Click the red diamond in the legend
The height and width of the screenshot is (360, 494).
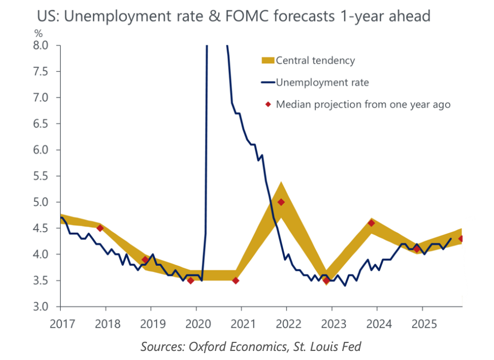[x=269, y=104]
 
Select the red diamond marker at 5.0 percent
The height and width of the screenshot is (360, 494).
[x=281, y=202]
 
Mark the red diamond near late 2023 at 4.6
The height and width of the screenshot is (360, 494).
[x=372, y=223]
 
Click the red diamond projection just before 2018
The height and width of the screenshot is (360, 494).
[x=100, y=228]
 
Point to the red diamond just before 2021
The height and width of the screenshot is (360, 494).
[x=236, y=281]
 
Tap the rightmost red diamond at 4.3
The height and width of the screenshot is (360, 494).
[x=461, y=239]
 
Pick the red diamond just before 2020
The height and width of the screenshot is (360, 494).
[x=190, y=281]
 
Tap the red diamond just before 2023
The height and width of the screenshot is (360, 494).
[x=326, y=281]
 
